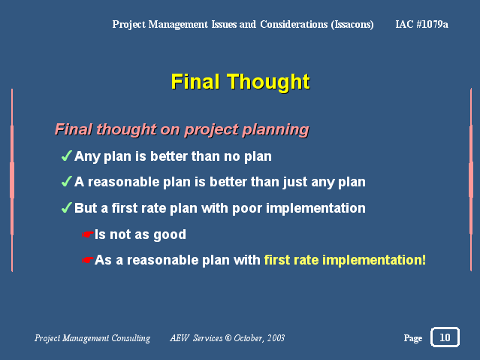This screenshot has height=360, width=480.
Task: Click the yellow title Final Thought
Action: pyautogui.click(x=240, y=81)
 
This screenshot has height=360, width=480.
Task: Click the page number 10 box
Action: pyautogui.click(x=445, y=337)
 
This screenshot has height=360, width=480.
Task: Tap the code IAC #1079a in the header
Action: pyautogui.click(x=421, y=24)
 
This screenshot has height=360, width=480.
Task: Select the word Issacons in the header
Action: pyautogui.click(x=352, y=25)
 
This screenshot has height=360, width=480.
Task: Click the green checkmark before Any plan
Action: pyautogui.click(x=67, y=156)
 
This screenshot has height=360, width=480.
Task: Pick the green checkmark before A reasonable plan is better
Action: pyautogui.click(x=67, y=181)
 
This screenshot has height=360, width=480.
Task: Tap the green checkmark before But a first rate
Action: pyautogui.click(x=67, y=207)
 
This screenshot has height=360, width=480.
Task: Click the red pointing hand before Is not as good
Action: pyautogui.click(x=88, y=234)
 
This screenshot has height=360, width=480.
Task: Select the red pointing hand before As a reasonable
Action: pyautogui.click(x=88, y=260)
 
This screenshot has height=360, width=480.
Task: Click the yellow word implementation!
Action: pyautogui.click(x=374, y=260)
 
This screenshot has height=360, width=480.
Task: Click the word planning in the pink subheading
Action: pyautogui.click(x=276, y=130)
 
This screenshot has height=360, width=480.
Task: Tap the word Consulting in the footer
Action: pyautogui.click(x=131, y=338)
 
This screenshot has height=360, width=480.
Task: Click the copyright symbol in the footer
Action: pyautogui.click(x=228, y=338)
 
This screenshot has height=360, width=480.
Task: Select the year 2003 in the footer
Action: pyautogui.click(x=276, y=338)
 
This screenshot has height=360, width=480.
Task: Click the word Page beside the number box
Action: pyautogui.click(x=413, y=338)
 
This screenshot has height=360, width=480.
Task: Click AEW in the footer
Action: pyautogui.click(x=180, y=338)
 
